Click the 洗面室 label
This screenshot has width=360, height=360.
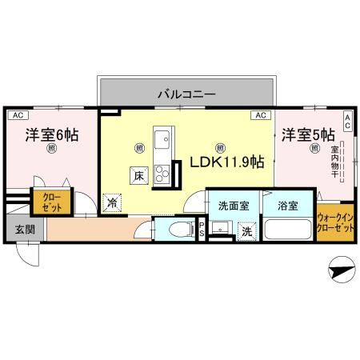233,205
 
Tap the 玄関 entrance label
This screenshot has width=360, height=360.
23,230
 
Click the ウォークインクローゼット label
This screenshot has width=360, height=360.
336,222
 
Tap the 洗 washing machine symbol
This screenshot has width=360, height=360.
246,232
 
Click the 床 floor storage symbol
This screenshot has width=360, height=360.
138,175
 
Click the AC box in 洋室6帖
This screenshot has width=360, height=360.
15,115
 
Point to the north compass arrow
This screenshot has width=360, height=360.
342,272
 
